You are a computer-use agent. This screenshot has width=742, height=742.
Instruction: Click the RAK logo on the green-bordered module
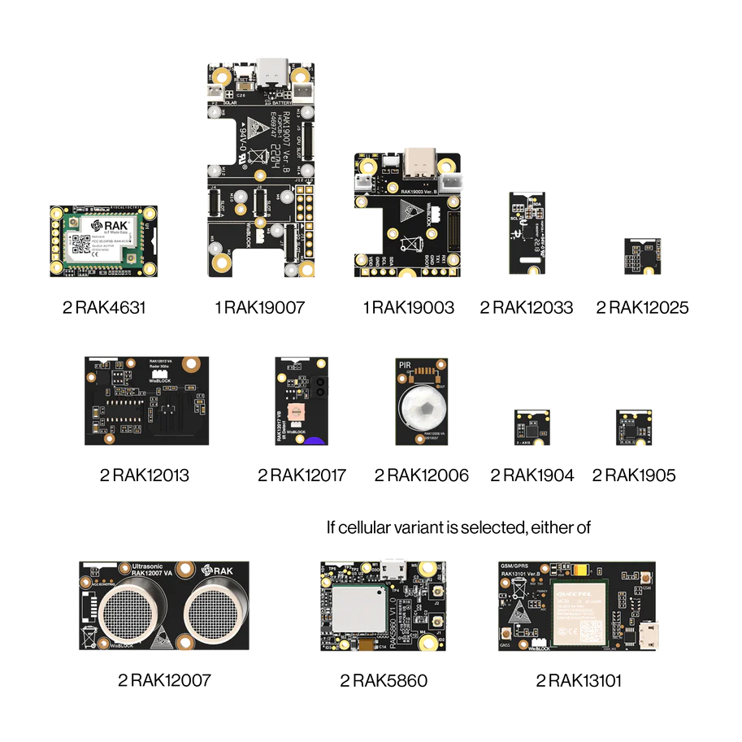106,224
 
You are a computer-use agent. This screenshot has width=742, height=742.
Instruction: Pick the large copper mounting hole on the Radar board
192,364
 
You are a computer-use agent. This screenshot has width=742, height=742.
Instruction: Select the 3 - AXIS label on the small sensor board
529,441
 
